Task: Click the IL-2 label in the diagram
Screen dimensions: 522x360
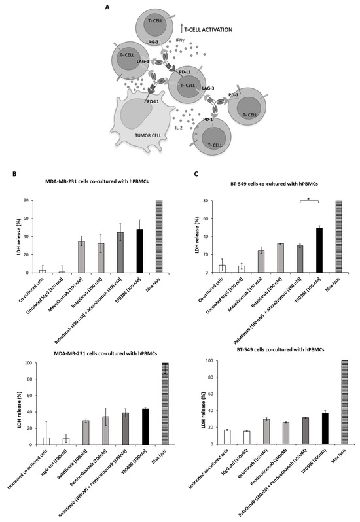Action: [179, 127]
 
